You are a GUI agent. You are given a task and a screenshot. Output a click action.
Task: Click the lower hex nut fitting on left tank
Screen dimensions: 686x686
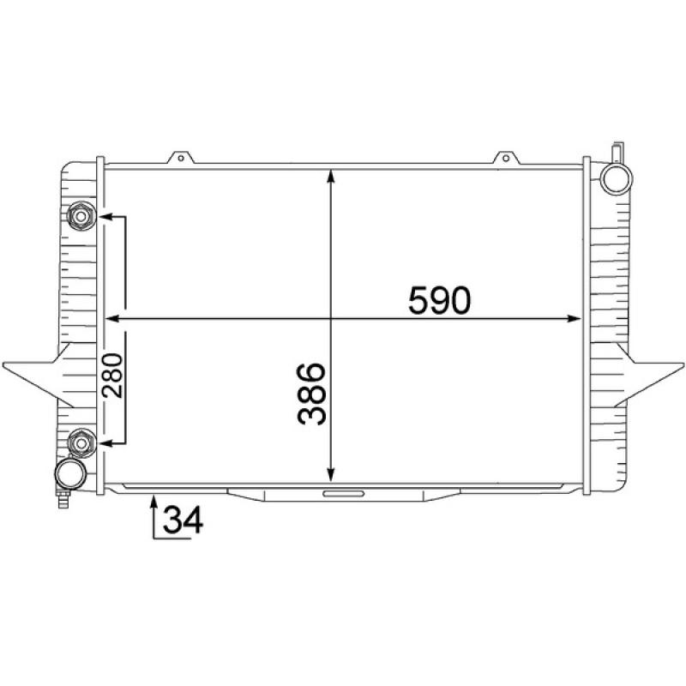(81, 442)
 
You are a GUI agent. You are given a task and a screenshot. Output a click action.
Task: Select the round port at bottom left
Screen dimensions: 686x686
(70, 473)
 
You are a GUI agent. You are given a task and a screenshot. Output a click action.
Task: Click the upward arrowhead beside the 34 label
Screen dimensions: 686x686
(153, 501)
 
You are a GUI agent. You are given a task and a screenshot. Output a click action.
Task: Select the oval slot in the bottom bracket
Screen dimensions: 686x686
(343, 493)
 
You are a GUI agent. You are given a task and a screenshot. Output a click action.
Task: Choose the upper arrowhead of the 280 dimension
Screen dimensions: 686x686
(105, 216)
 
